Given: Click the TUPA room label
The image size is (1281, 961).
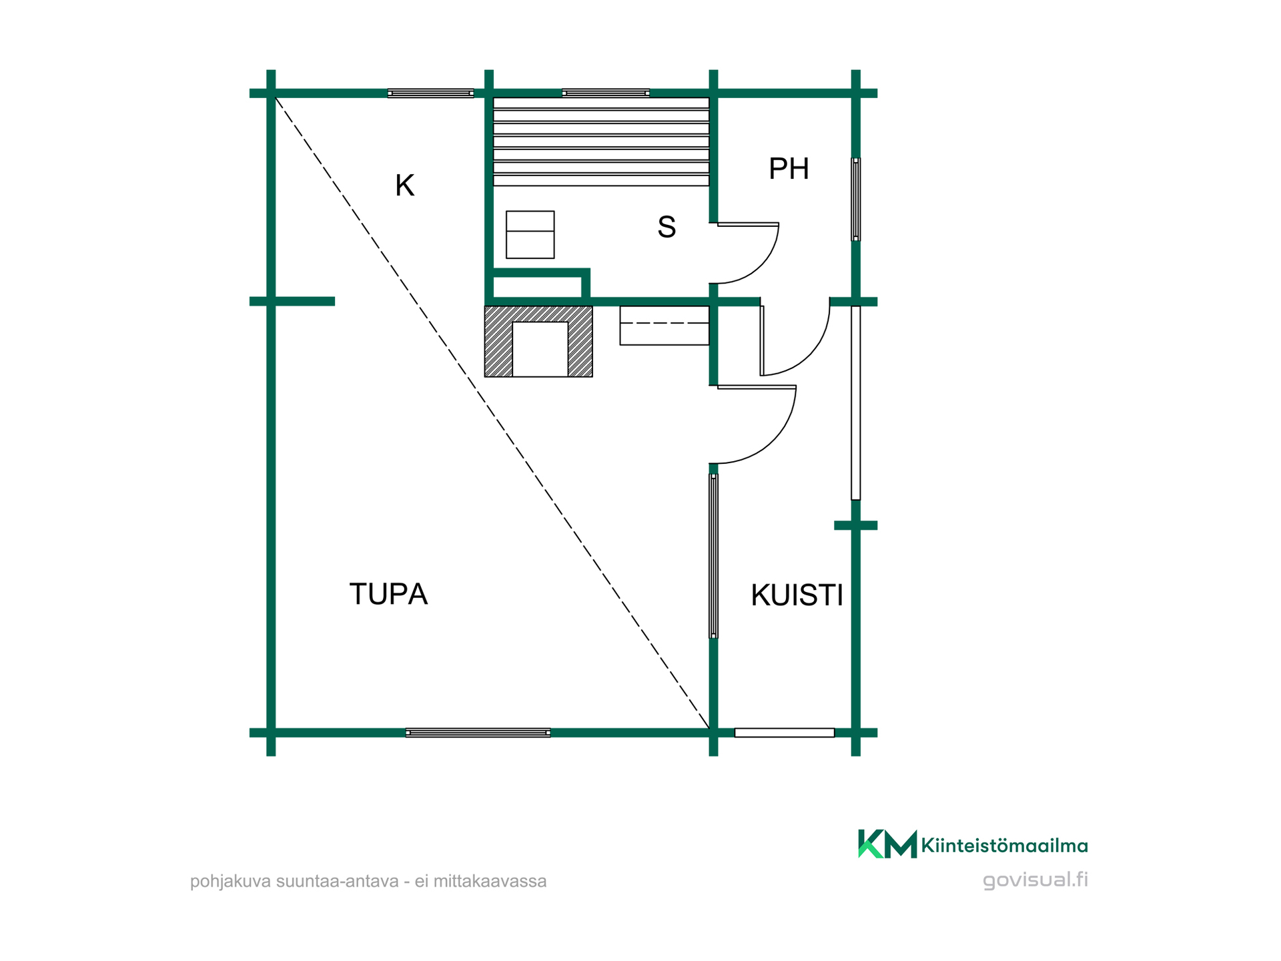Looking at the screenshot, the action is pos(388,594).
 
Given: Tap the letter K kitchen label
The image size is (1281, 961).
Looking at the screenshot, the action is pos(404,186).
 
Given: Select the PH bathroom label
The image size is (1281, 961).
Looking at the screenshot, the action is pos(789,169).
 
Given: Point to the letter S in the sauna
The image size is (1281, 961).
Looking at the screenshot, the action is pos(667,227).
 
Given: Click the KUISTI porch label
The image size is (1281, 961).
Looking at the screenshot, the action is pos(797,595).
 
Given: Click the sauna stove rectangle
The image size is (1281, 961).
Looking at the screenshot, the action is pos(530,234).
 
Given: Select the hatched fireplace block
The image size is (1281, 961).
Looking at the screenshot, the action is pos(538,342).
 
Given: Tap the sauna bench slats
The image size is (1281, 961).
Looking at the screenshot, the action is pos(601,141).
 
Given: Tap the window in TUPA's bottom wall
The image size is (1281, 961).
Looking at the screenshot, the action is pos(478,733).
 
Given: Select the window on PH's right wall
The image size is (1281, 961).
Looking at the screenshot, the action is pos(856,199).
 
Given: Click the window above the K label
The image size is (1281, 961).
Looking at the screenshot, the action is pos(430,93).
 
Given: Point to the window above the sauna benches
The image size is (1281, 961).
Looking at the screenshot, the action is pos(606,93).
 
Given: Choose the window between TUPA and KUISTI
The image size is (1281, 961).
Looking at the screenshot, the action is pos(713,556).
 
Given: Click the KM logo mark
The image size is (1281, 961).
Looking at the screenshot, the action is pos(887,844).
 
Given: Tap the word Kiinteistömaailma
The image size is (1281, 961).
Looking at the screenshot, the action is pos(1004,846).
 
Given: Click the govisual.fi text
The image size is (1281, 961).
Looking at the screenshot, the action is pos(1035,880).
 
